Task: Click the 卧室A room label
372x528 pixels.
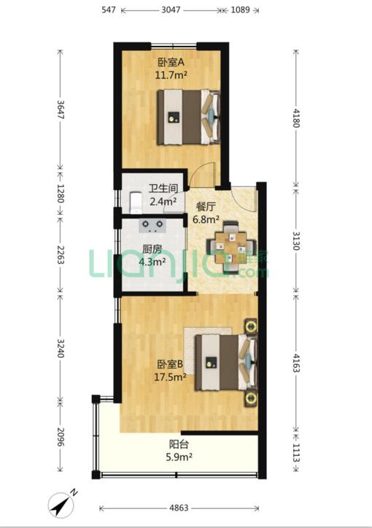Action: (171, 63)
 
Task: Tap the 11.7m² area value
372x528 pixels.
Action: (171, 75)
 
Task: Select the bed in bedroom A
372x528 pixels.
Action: (188, 117)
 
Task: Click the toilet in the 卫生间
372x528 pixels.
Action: (136, 202)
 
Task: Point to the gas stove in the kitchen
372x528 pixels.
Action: (152, 226)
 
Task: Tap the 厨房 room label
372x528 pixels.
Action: (152, 250)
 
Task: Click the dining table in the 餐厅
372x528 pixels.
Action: (231, 247)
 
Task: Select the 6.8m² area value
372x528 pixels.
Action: (206, 219)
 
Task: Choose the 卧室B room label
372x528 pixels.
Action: (170, 364)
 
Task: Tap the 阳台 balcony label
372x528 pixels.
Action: (179, 444)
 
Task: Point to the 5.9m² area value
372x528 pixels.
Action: (179, 457)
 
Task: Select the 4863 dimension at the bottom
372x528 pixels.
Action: (179, 508)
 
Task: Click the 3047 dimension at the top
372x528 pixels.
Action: (171, 9)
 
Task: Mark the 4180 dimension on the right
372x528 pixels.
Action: (296, 118)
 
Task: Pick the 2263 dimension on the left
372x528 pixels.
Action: (61, 255)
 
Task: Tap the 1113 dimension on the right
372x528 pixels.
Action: (296, 453)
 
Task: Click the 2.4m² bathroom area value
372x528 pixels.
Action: (163, 201)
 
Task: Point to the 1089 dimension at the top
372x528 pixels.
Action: (240, 9)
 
